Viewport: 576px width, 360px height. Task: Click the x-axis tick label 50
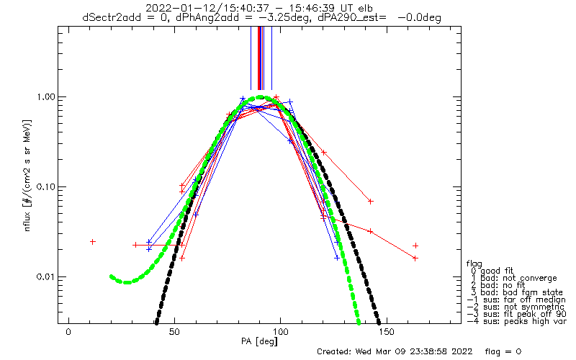pyautogui.click(x=174, y=332)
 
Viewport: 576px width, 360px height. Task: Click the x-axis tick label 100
pyautogui.click(x=280, y=332)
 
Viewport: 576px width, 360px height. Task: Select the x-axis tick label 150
pyautogui.click(x=386, y=332)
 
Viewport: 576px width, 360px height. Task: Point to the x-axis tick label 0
pyautogui.click(x=68, y=332)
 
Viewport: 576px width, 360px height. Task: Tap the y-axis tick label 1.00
pyautogui.click(x=45, y=97)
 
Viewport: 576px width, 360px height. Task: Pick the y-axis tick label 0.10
pyautogui.click(x=45, y=187)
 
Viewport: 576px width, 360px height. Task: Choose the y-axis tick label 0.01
pyautogui.click(x=45, y=276)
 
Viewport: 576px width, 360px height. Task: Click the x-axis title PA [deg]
pyautogui.click(x=259, y=341)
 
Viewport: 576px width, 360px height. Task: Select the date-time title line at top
pyautogui.click(x=259, y=8)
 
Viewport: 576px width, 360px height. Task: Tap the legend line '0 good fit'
pyautogui.click(x=492, y=271)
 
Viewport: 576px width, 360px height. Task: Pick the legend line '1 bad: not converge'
pyautogui.click(x=514, y=278)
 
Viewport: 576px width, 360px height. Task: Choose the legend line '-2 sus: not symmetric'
pyautogui.click(x=516, y=307)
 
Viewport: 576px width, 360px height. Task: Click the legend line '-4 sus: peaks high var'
pyautogui.click(x=517, y=321)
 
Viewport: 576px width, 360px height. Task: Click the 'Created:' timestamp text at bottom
pyautogui.click(x=395, y=351)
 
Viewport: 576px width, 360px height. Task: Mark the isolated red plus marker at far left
pyautogui.click(x=93, y=242)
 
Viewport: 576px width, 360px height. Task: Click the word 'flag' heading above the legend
pyautogui.click(x=474, y=264)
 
